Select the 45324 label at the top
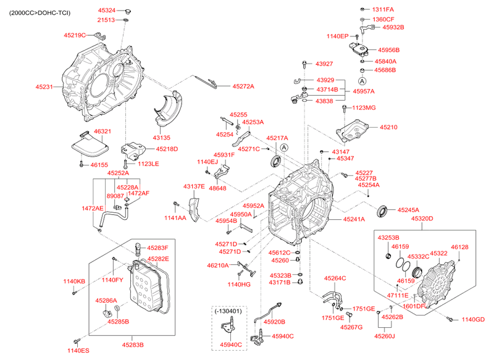[x=106, y=10]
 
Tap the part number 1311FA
[x=382, y=9]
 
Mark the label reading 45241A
[x=354, y=219]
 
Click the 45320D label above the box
[x=422, y=218]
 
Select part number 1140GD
[x=473, y=319]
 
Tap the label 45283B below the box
[x=133, y=345]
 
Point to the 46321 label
[x=102, y=132]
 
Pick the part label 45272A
[x=243, y=86]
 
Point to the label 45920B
[x=274, y=322]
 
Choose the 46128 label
[x=459, y=247]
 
